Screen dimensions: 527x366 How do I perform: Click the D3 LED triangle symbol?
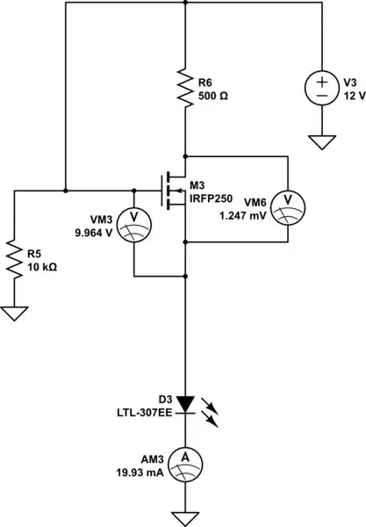pos(185,402)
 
